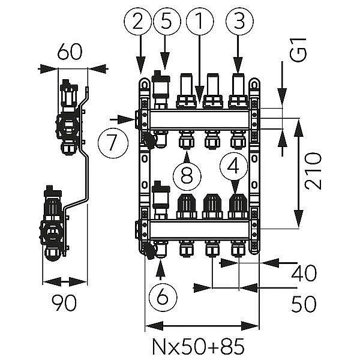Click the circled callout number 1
coord(196,23)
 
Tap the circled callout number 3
coord(238,23)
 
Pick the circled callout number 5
coord(167,23)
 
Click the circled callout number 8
coord(187,175)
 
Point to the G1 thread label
coord(303,52)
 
